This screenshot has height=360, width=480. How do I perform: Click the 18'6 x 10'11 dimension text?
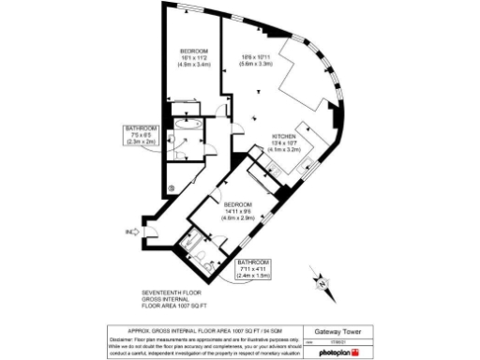coord(255,56)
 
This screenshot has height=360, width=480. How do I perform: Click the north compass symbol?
coord(322,281)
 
